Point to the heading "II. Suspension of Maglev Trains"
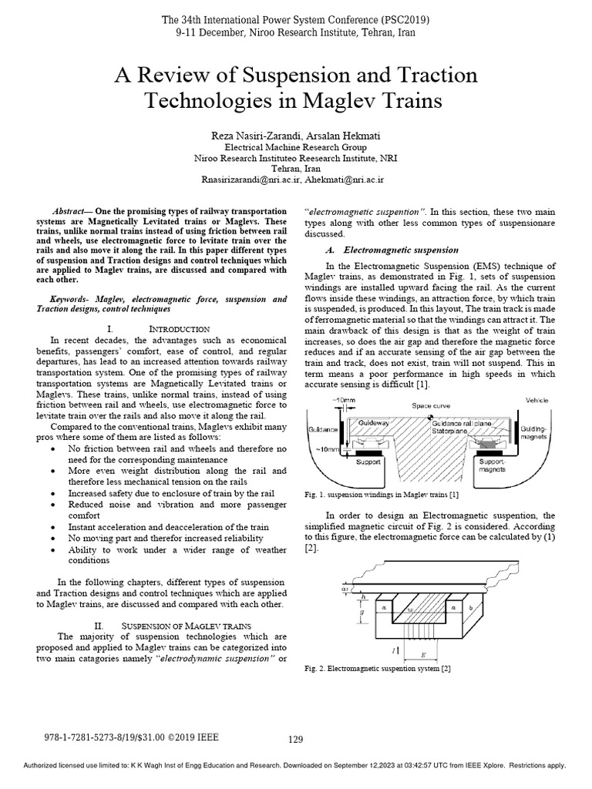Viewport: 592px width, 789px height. pos(170,624)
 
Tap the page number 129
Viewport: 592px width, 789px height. pos(296,740)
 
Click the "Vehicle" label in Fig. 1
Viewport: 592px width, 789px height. pos(536,400)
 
